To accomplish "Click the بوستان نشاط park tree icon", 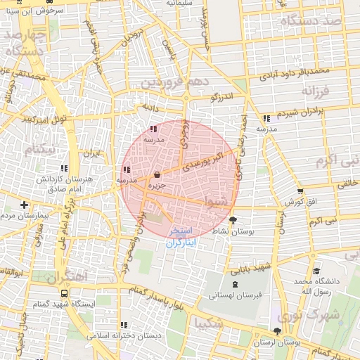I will [233, 220].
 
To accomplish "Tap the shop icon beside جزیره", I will [156, 174].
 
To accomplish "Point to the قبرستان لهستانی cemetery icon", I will [234, 285].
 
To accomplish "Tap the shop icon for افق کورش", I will [301, 191].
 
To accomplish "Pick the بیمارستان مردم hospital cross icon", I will [24, 204].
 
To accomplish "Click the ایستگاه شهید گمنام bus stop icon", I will [65, 293].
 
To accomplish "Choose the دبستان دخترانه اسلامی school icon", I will [124, 325].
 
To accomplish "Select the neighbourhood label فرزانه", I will [316, 91].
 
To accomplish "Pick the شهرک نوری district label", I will [327, 316].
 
